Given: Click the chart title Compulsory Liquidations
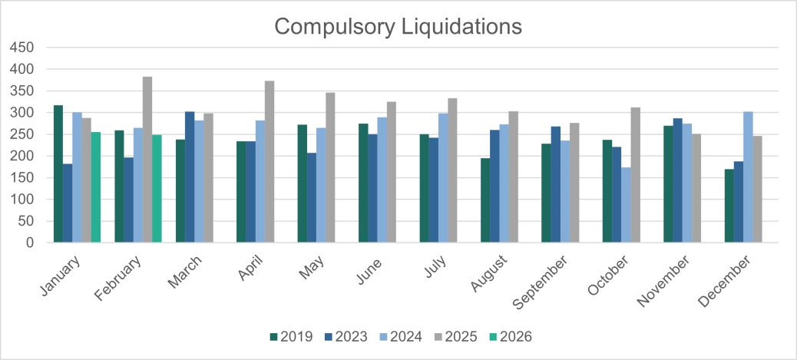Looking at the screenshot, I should tap(398, 26).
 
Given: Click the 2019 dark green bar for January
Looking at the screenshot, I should tap(58, 173).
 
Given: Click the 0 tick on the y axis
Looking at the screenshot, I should tap(29, 243).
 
